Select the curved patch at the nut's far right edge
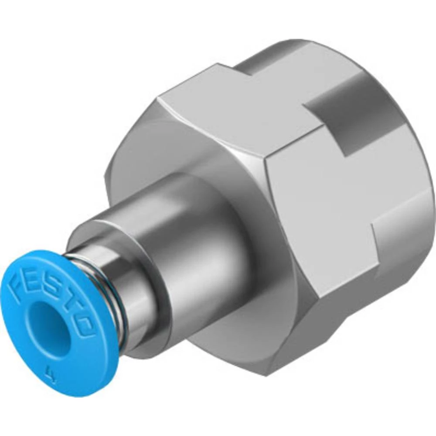(x=405, y=244)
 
